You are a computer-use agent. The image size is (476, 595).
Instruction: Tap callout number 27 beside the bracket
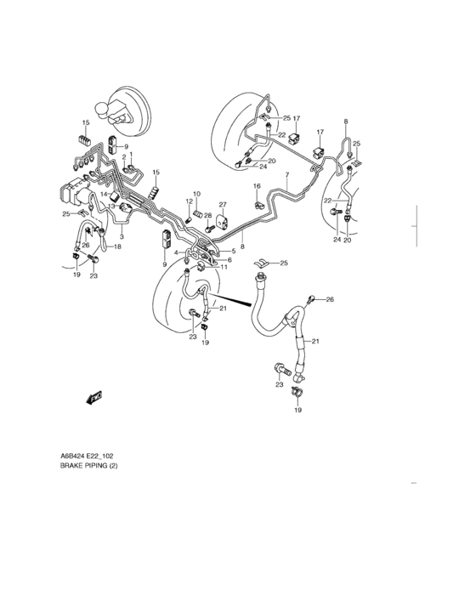click(x=224, y=205)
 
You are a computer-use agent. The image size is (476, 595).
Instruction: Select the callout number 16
click(x=257, y=186)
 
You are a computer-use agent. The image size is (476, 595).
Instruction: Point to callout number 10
click(x=195, y=195)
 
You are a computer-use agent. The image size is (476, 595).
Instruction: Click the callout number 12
click(x=190, y=201)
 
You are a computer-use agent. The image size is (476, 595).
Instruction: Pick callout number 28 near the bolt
click(x=207, y=215)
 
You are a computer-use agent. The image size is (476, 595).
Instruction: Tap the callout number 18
click(x=118, y=246)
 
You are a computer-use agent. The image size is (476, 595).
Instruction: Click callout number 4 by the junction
click(x=177, y=252)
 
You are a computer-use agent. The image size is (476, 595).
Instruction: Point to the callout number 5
click(x=234, y=252)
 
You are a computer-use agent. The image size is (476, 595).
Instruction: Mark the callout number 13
click(x=110, y=207)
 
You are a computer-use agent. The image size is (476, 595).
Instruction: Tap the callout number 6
click(x=229, y=259)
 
